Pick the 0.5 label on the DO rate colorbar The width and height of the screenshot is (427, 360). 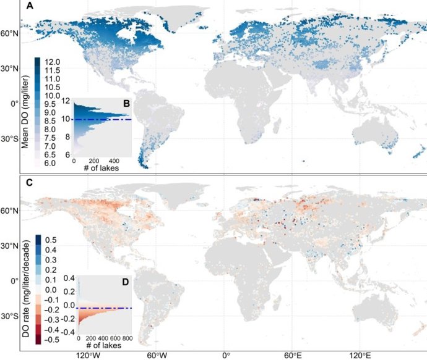coord(50,239)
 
